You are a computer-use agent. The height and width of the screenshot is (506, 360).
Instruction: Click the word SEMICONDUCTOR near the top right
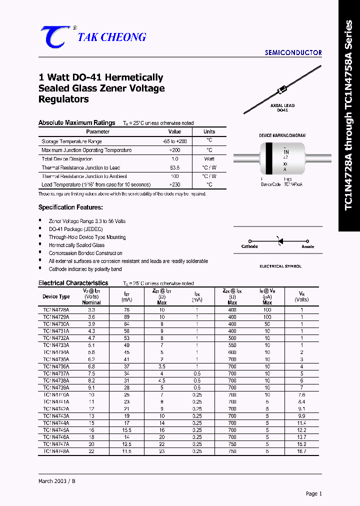pyautogui.click(x=293, y=52)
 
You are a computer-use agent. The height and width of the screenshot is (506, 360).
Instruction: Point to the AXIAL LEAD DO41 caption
pyautogui.click(x=282, y=107)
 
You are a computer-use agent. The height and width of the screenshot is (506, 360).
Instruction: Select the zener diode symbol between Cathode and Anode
pyautogui.click(x=279, y=241)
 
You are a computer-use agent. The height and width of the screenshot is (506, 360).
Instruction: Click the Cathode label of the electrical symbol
pyautogui.click(x=249, y=246)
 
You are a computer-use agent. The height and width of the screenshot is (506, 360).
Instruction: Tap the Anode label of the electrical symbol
pyautogui.click(x=308, y=246)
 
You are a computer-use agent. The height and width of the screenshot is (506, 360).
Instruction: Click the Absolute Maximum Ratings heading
pyautogui.click(x=76, y=122)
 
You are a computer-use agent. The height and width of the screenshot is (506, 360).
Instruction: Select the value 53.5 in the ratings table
pyautogui.click(x=174, y=167)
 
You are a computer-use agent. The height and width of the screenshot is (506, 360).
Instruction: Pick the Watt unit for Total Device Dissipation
pyautogui.click(x=209, y=158)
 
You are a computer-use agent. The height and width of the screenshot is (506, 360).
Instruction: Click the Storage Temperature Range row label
pyautogui.click(x=71, y=141)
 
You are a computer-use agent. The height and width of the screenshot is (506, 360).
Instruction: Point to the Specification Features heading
pyautogui.click(x=70, y=207)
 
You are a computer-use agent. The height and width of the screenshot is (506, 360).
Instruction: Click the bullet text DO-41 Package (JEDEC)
pyautogui.click(x=75, y=229)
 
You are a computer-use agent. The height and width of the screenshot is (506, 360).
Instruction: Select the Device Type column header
pyautogui.click(x=56, y=296)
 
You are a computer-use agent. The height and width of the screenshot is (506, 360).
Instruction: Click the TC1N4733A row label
pyautogui.click(x=56, y=345)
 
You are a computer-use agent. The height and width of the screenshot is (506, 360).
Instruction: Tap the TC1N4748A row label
pyautogui.click(x=56, y=451)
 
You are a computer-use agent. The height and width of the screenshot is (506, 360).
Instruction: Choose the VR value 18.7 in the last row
pyautogui.click(x=301, y=451)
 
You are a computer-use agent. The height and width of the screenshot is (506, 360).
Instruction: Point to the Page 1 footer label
pyautogui.click(x=313, y=493)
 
